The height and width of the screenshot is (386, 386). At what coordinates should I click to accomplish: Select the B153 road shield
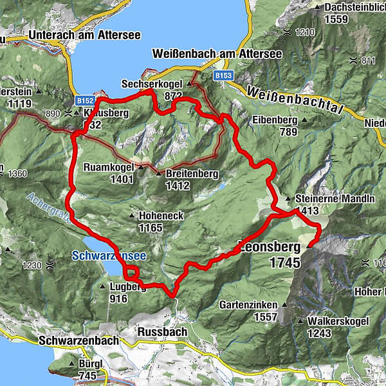223,75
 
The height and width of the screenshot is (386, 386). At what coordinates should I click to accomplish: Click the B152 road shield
85,101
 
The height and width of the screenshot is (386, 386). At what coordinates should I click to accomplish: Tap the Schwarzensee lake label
108,255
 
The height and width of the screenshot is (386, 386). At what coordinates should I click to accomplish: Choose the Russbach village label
162,332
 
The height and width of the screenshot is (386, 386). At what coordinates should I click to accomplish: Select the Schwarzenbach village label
78,340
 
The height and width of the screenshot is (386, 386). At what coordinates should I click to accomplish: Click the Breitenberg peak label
192,174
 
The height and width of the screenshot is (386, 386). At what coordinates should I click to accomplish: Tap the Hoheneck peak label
160,217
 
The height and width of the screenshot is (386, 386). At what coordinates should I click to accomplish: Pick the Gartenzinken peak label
248,304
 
